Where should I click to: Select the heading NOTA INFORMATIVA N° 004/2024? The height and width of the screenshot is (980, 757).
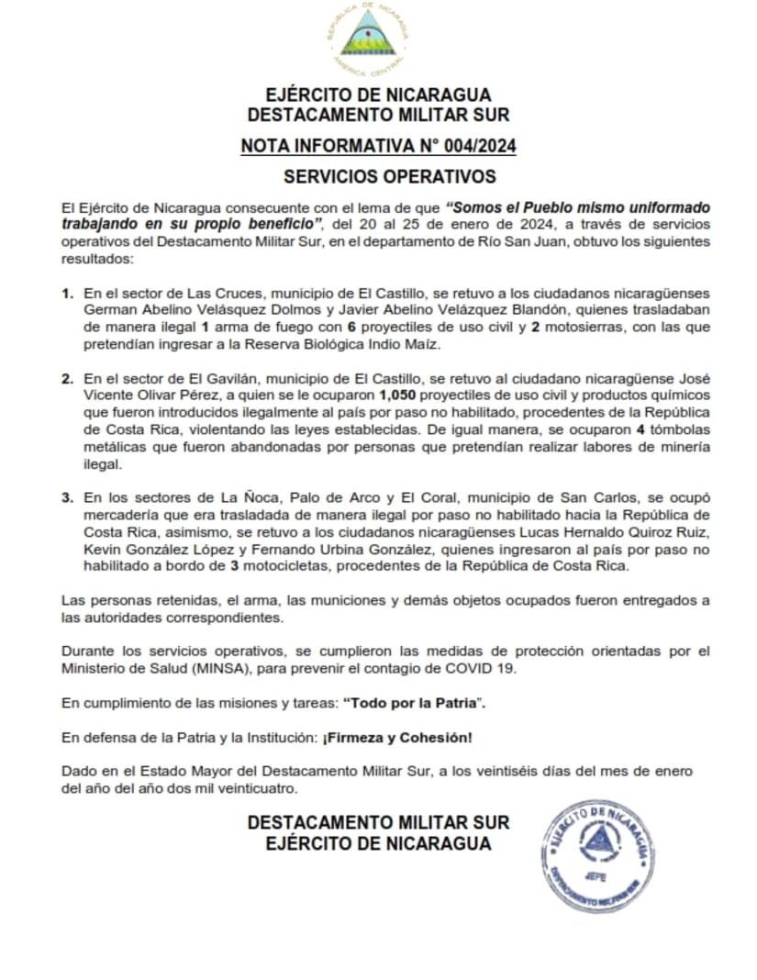click(x=378, y=145)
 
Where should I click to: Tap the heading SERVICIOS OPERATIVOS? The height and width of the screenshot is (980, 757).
click(x=389, y=176)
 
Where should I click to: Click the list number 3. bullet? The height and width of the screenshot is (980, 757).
click(x=67, y=497)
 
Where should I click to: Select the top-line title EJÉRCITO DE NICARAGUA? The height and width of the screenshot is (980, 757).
click(x=378, y=95)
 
